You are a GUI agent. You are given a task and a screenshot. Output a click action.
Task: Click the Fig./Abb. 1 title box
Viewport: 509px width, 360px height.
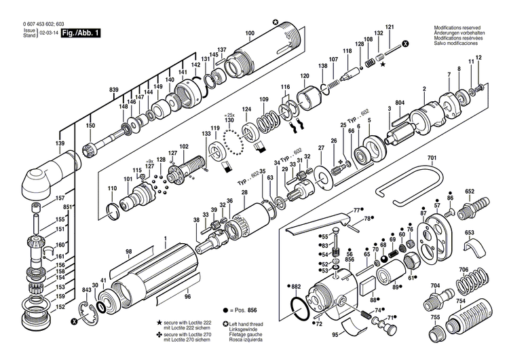pos(81,32)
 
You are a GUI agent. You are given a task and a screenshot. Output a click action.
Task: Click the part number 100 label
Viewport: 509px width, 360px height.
pos(250,33)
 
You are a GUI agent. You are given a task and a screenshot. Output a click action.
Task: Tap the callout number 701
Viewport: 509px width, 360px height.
pos(432,159)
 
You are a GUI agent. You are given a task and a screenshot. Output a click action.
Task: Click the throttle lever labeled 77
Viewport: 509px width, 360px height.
pos(319,224)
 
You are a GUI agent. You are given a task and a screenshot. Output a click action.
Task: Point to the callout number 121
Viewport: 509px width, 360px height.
pos(390,27)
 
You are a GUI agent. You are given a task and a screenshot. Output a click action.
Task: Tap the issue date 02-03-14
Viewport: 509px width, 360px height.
pos(48,33)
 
